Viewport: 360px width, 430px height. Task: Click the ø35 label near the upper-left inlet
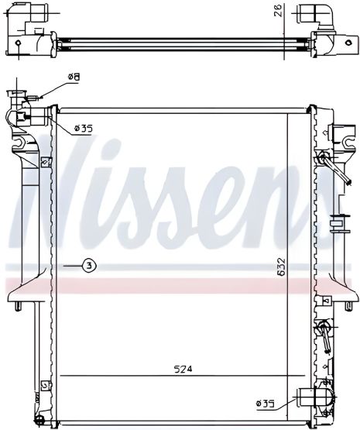click(x=83, y=129)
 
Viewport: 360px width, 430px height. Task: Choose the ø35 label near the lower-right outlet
click(x=266, y=402)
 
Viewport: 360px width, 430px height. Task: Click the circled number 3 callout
click(x=91, y=266)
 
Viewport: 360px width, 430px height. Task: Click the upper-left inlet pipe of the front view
click(x=31, y=118)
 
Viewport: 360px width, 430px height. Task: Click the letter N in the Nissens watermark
click(x=46, y=194)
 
